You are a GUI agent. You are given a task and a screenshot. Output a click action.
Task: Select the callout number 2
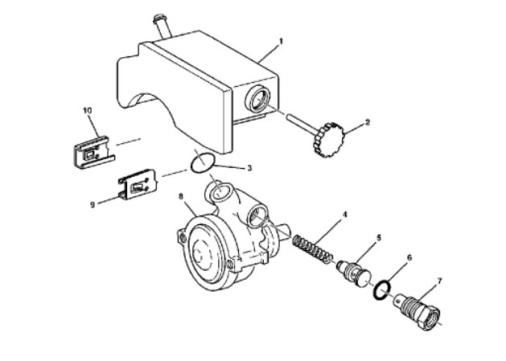pyautogui.click(x=368, y=123)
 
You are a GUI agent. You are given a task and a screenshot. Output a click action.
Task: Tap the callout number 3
pyautogui.click(x=249, y=168)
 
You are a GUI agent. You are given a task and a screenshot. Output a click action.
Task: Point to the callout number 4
pyautogui.click(x=344, y=215)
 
